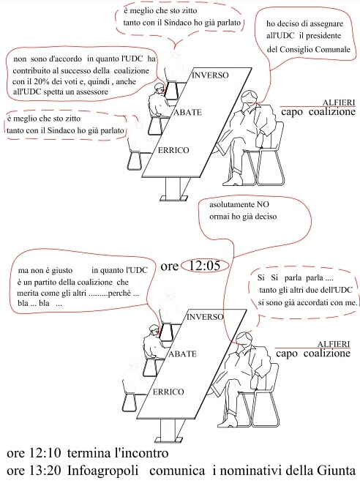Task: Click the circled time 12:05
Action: (x=204, y=266)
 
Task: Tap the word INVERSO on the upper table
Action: (x=210, y=75)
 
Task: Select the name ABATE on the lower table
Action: (x=182, y=354)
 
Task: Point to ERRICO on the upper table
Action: (x=173, y=150)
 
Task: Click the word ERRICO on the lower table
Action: (x=168, y=392)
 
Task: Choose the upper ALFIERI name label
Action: (x=339, y=102)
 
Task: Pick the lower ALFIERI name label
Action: (x=334, y=344)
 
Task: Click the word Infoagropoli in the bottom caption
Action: (x=103, y=471)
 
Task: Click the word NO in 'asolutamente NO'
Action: (x=263, y=204)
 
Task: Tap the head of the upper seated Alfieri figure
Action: (x=250, y=99)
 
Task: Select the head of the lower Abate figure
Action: (x=154, y=330)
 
